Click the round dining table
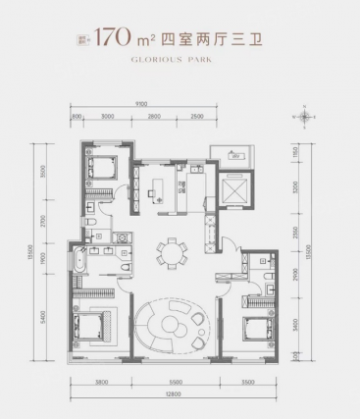(x=178, y=251)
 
